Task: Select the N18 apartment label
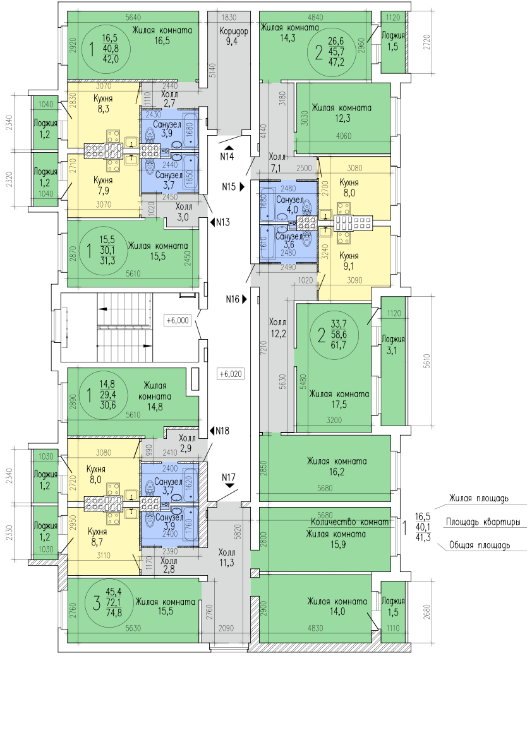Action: [221, 431]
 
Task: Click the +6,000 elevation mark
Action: [178, 320]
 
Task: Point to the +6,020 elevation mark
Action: [230, 373]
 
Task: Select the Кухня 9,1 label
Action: [349, 261]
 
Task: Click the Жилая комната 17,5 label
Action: [339, 400]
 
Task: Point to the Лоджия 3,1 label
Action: [393, 345]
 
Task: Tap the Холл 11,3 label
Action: [226, 556]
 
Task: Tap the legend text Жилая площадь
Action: [478, 499]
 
